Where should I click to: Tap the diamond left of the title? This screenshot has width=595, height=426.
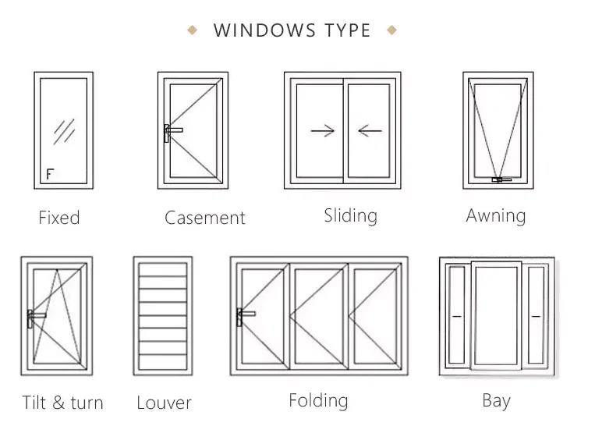click(192, 30)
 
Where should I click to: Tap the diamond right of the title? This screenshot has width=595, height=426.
click(391, 30)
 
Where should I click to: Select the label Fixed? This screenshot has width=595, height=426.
click(59, 218)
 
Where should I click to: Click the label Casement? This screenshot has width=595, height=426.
click(205, 218)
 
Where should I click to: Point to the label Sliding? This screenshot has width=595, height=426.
click(350, 215)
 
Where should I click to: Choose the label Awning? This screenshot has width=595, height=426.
click(496, 215)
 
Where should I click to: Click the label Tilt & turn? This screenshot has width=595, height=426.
click(62, 403)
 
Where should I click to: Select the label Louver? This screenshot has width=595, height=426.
click(164, 403)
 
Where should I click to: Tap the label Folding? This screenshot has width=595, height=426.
click(318, 401)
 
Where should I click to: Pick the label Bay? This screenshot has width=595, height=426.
click(496, 401)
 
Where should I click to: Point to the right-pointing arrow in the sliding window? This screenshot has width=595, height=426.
click(322, 130)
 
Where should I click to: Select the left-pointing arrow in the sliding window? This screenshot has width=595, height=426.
click(370, 130)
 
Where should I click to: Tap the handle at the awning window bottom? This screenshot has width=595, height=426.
click(498, 181)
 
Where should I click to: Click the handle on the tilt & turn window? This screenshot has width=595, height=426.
click(34, 318)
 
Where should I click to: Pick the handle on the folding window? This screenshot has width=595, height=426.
click(244, 316)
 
